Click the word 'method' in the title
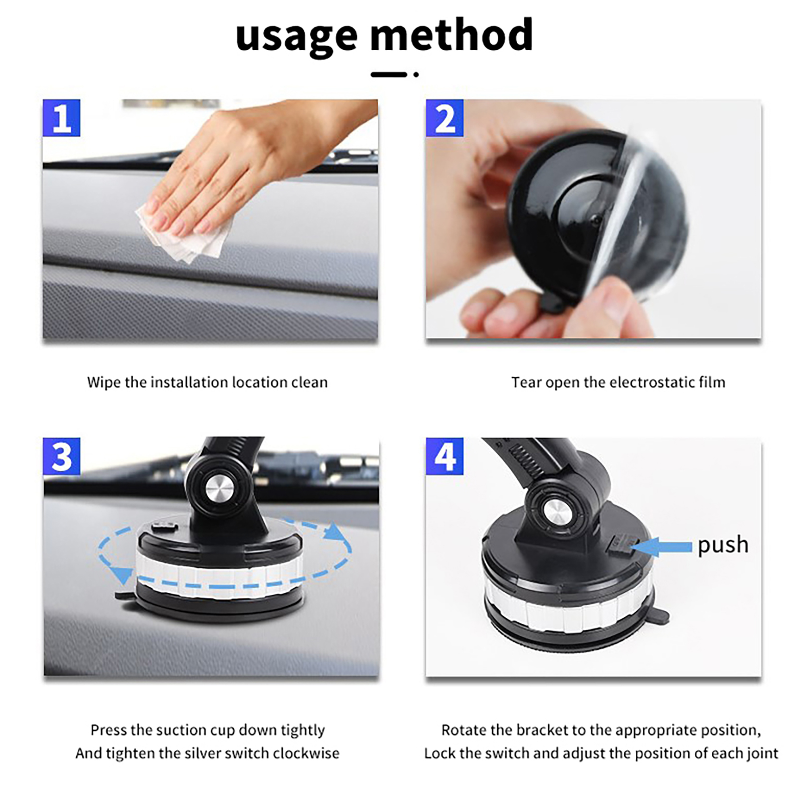452,34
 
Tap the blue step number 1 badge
62,118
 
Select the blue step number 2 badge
445,118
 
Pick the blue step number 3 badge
62,456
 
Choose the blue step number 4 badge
445,456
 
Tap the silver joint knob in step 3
219,488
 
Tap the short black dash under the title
389,75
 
